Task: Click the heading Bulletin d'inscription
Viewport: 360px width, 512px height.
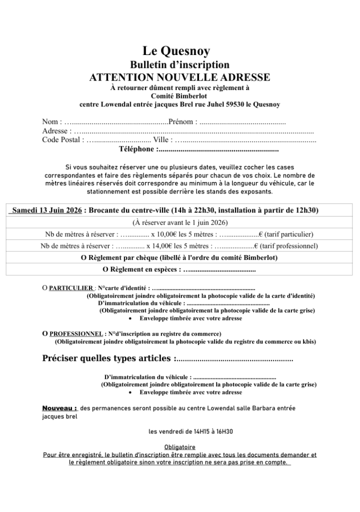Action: tap(179, 64)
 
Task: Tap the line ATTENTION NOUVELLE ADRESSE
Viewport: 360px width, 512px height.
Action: tap(179, 77)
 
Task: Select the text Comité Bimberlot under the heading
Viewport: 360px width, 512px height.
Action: tap(179, 96)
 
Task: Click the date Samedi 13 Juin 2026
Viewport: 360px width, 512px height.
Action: tap(46, 210)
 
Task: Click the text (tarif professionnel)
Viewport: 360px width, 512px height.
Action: tap(289, 246)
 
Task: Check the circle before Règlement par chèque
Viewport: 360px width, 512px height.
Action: tap(84, 258)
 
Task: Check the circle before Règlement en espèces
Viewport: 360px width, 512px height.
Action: tap(105, 270)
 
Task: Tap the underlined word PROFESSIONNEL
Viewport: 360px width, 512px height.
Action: tap(76, 333)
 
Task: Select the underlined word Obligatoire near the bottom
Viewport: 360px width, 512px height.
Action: tap(179, 447)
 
